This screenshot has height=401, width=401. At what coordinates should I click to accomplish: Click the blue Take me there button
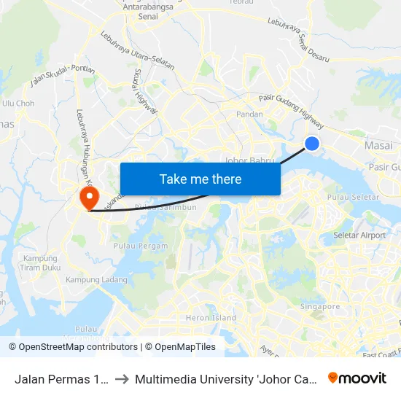click(200, 179)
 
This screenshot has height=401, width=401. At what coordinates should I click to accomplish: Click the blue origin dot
click(312, 144)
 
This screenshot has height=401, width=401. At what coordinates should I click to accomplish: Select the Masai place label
click(378, 147)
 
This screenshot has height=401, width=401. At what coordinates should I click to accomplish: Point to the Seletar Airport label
click(359, 235)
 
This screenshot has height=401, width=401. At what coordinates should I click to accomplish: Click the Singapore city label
click(320, 307)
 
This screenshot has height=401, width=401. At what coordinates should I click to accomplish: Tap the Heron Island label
click(211, 318)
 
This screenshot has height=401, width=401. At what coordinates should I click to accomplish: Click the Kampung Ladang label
click(96, 280)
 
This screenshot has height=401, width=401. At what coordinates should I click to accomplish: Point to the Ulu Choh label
click(18, 104)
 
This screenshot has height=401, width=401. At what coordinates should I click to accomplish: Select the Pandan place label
click(249, 114)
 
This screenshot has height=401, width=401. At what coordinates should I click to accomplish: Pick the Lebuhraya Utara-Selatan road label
click(137, 50)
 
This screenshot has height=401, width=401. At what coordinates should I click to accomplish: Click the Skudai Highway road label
click(145, 92)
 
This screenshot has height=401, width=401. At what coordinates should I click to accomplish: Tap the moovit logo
click(357, 378)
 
